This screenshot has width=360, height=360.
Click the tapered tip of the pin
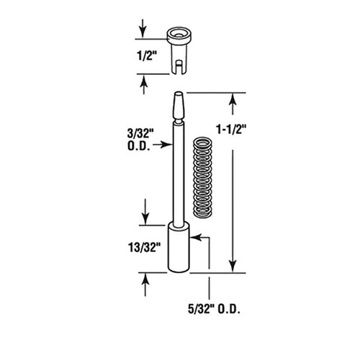pyautogui.click(x=178, y=108)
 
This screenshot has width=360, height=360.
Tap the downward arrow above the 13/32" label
pyautogui.click(x=146, y=215)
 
